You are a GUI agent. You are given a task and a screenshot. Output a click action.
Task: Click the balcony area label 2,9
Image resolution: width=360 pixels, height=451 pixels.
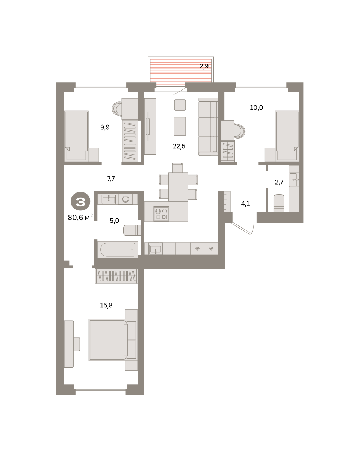(x=204, y=66)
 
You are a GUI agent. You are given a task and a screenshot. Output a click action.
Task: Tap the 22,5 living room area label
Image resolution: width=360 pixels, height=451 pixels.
(x=179, y=146)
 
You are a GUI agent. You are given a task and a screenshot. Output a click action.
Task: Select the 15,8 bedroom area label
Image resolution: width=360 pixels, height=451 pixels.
(x=106, y=305)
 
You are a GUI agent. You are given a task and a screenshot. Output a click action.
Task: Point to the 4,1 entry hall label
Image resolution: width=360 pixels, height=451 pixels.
(x=245, y=203)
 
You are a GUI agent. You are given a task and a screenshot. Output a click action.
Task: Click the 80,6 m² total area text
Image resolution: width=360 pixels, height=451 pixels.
(x=80, y=218)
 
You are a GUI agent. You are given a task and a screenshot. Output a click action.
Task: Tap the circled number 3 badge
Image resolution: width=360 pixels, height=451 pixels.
(x=80, y=201)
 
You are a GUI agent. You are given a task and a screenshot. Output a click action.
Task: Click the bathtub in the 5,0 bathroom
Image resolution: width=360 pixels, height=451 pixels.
(x=118, y=250)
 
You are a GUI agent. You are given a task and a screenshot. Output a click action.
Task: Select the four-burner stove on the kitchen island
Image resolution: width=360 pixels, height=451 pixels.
(x=161, y=214)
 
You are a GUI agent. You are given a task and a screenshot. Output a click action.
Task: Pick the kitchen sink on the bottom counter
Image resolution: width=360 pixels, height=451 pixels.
(x=156, y=249)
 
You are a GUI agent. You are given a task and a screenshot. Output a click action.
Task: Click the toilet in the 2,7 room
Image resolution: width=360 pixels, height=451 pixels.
(x=279, y=203)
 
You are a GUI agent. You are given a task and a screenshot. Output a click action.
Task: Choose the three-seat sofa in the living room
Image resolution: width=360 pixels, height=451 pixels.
(x=208, y=127)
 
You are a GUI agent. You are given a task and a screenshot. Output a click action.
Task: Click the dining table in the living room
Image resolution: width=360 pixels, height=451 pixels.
(x=178, y=187)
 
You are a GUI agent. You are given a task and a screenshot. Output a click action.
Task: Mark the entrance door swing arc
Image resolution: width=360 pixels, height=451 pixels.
(x=253, y=229)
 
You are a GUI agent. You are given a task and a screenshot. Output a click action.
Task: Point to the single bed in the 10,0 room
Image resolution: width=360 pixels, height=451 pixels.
(x=287, y=136)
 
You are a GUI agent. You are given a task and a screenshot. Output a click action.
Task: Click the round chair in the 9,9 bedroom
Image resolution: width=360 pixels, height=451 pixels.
(x=117, y=109)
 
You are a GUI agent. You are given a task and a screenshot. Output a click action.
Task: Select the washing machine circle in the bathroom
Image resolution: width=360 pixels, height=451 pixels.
(x=125, y=199)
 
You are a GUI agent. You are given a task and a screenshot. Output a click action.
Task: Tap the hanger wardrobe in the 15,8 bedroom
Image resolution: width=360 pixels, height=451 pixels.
(x=116, y=276)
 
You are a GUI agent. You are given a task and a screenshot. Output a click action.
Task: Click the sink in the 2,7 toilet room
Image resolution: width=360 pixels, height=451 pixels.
(x=294, y=180)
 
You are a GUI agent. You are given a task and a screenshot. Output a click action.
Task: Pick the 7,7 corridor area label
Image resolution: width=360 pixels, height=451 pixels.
(x=111, y=179)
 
